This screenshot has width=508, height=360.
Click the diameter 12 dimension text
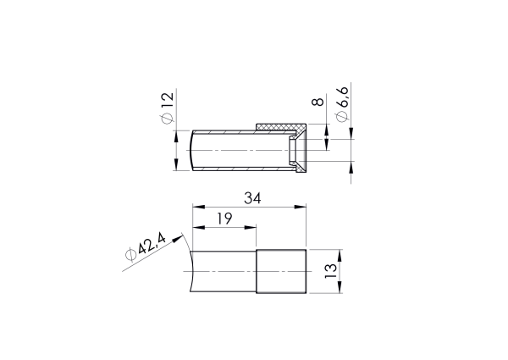(167, 108)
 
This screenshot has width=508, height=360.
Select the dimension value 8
(318, 102)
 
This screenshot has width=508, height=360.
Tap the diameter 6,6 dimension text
(343, 105)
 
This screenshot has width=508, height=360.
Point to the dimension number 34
(252, 198)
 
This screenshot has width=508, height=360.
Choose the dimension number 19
(224, 219)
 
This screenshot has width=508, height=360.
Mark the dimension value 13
(332, 271)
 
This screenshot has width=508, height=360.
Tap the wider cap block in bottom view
(281, 271)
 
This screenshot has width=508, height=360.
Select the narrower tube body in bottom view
(224, 271)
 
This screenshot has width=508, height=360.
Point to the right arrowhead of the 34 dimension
(301, 207)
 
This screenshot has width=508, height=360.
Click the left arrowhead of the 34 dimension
(197, 207)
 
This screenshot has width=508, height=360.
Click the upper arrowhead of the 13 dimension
(340, 253)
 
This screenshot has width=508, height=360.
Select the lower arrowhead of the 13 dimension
(340, 289)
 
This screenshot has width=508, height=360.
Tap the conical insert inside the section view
(295, 151)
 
